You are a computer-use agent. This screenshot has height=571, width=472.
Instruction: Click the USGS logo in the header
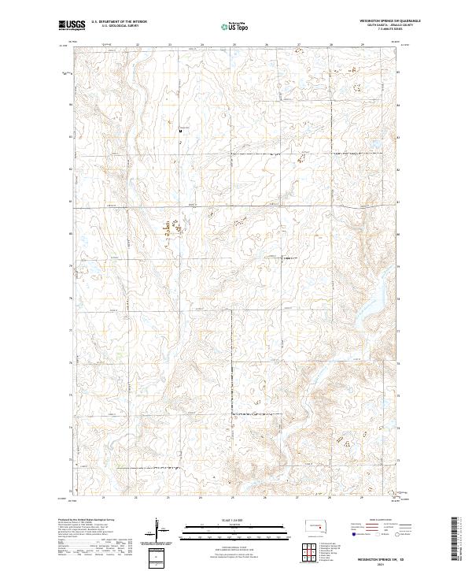pos(71,25)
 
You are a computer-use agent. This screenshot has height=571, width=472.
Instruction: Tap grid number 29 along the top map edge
pos(363,45)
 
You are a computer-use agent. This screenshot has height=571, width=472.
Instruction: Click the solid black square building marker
pos(179,131)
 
